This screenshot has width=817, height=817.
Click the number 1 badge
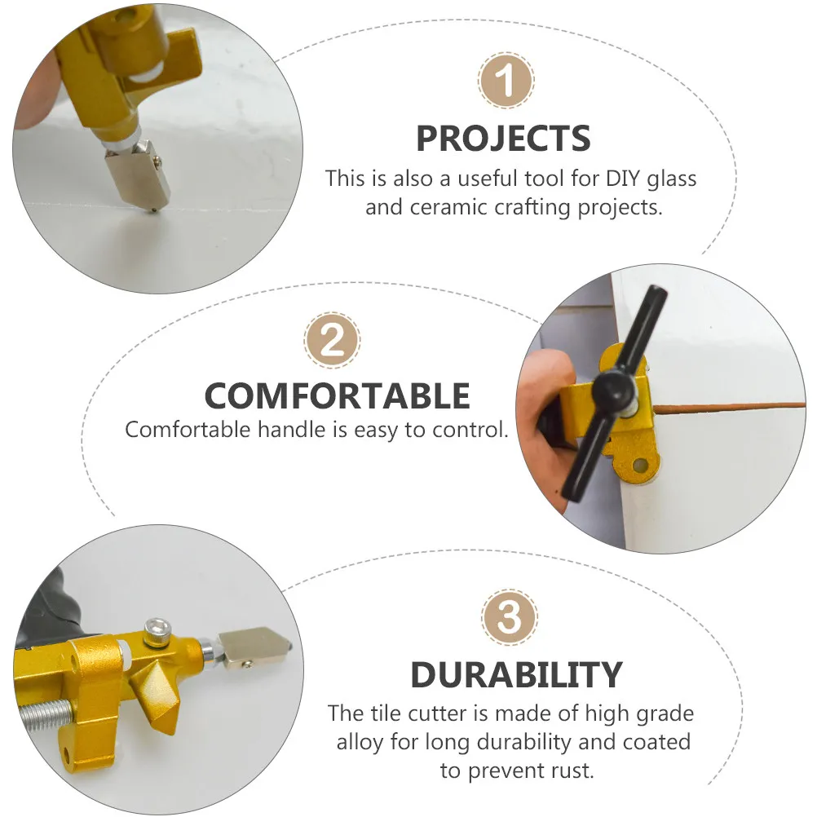pyautogui.click(x=506, y=80)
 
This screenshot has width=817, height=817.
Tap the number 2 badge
pyautogui.click(x=332, y=340)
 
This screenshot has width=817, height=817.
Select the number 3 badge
pyautogui.click(x=509, y=617)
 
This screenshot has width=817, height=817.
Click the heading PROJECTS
pyautogui.click(x=503, y=139)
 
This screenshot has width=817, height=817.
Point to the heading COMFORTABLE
pyautogui.click(x=337, y=396)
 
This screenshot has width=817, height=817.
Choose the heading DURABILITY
pyautogui.click(x=516, y=675)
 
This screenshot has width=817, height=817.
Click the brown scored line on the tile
pyautogui.click(x=729, y=406)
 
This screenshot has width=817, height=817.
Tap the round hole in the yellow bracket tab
pyautogui.click(x=640, y=465)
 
